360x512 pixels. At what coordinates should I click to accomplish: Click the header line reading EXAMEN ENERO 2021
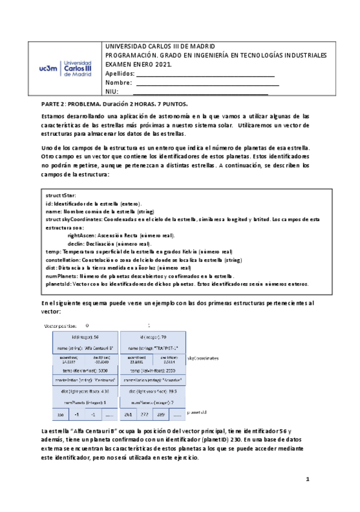pos(138,64)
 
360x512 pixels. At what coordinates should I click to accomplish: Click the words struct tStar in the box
pos(60,196)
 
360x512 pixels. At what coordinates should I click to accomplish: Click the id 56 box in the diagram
pos(85,337)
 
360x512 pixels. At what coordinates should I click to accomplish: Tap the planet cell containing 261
pos(127,415)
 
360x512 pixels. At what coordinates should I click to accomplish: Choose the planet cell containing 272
pos(144,415)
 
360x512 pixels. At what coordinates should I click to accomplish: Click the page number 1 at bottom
pos(307,479)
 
